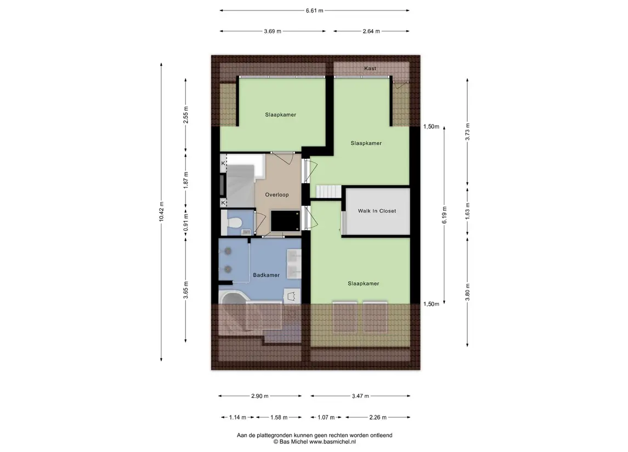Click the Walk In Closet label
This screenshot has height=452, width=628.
377,211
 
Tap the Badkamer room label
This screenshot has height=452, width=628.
267,275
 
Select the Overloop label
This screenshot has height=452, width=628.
277,195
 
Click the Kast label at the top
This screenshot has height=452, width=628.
370,68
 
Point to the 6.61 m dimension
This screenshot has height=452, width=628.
314,11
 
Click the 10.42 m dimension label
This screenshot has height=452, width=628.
161,211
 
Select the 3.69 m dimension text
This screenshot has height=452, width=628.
273,31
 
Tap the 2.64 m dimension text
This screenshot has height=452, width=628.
371,31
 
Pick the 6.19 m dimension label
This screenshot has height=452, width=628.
445,215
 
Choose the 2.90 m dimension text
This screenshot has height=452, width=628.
259,396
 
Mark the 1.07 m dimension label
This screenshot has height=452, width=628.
326,417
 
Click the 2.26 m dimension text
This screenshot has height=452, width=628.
378,417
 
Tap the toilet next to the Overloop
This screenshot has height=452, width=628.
234,222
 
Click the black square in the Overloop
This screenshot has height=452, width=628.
286,221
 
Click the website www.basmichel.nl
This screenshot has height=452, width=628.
332,442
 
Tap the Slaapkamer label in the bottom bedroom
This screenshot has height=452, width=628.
363,284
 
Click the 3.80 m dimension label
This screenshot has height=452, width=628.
467,292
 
